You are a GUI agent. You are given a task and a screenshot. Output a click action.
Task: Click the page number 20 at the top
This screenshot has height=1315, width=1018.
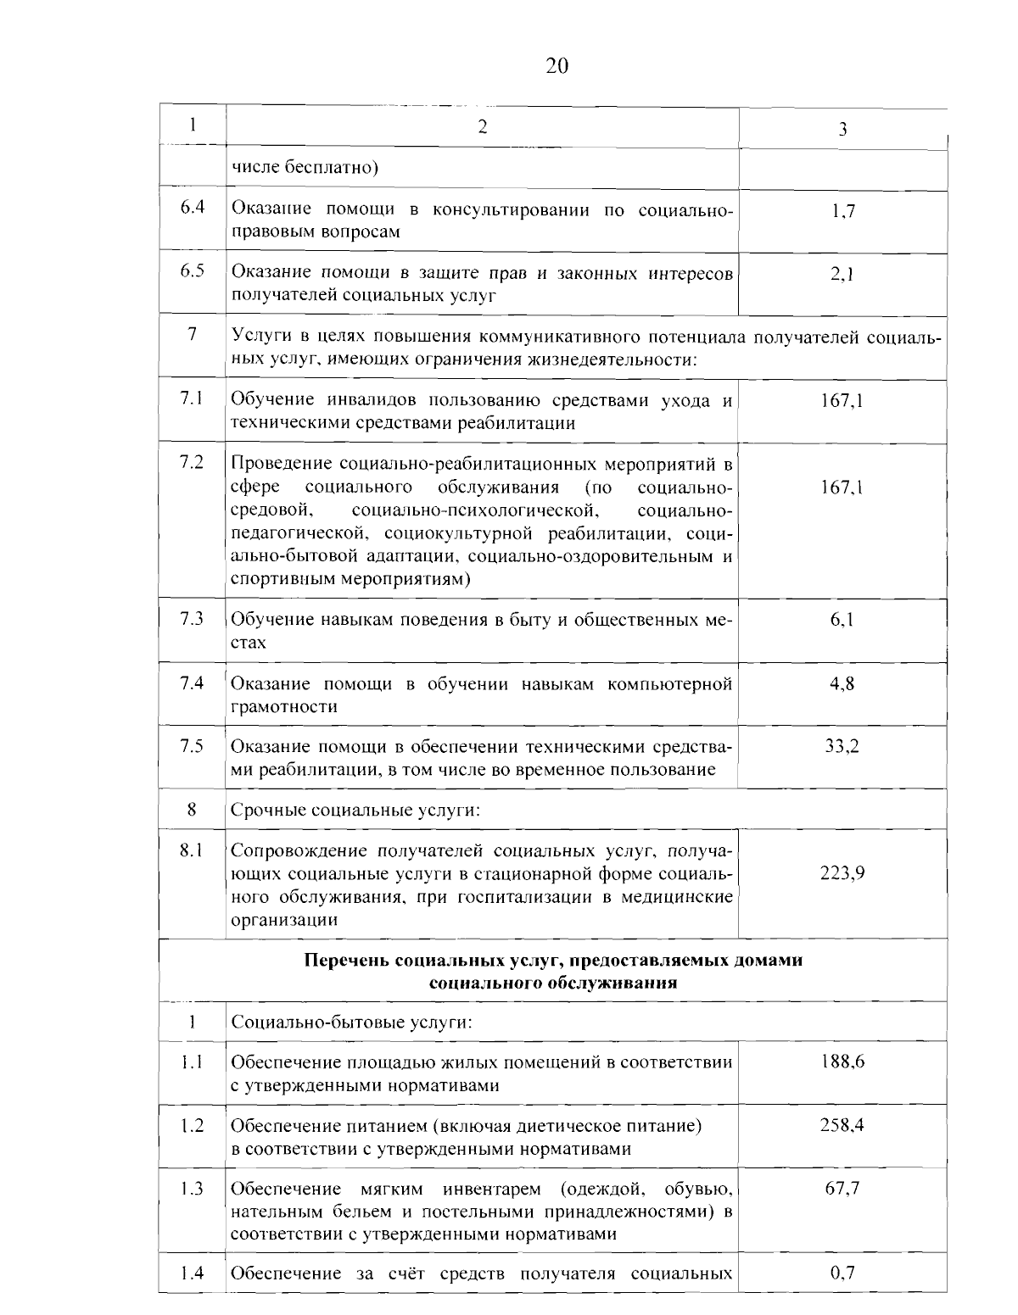[557, 66]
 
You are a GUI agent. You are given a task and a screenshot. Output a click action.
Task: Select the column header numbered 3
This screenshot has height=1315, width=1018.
[842, 130]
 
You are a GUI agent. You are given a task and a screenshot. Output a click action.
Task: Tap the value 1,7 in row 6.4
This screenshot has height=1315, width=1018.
[842, 211]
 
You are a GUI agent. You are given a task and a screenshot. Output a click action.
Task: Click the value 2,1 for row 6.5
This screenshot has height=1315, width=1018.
[842, 274]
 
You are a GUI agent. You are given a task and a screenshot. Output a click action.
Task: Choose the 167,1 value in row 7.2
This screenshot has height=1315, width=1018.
[842, 488]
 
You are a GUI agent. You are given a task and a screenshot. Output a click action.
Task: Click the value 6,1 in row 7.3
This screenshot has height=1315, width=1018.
[842, 620]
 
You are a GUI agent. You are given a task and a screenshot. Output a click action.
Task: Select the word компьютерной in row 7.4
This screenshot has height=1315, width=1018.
[670, 683]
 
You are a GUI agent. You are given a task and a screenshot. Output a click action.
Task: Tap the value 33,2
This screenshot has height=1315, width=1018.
[842, 746]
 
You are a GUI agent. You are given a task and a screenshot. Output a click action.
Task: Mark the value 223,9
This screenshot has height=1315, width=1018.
[842, 873]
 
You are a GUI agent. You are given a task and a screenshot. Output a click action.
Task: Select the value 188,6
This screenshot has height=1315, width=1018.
[842, 1061]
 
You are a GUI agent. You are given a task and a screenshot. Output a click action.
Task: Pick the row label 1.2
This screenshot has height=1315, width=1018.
[192, 1125]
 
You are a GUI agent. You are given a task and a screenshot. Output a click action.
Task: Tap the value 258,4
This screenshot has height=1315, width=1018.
[842, 1125]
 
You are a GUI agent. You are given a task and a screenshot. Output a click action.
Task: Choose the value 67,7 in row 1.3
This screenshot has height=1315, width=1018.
[842, 1189]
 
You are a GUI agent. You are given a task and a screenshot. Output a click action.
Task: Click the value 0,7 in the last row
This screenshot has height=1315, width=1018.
[842, 1273]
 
